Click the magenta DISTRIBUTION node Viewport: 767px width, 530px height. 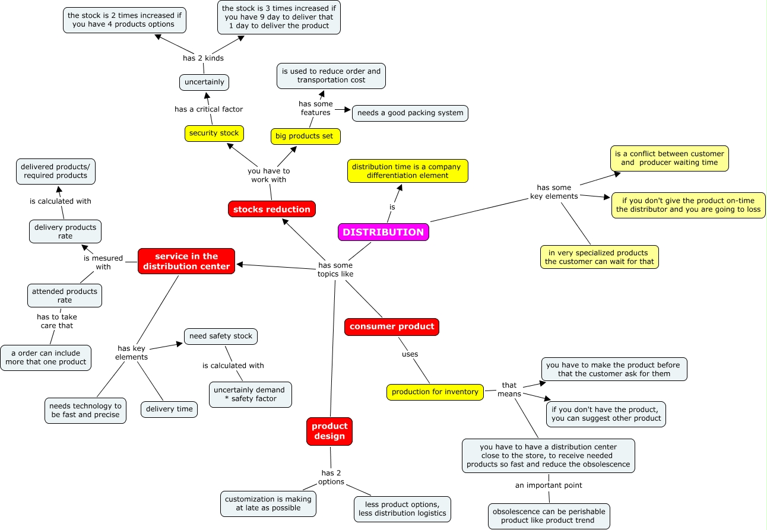(x=383, y=232)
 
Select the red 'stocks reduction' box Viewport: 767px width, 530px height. (x=271, y=209)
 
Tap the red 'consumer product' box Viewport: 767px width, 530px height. (x=392, y=326)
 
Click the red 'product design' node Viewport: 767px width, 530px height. (x=329, y=431)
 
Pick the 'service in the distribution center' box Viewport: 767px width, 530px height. (x=186, y=261)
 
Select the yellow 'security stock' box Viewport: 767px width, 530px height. (x=214, y=133)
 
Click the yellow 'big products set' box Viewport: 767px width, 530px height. (x=305, y=136)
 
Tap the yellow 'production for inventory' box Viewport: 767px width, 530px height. (x=435, y=392)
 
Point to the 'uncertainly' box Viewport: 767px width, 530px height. (x=204, y=82)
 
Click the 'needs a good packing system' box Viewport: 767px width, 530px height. (x=410, y=113)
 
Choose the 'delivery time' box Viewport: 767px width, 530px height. (x=169, y=409)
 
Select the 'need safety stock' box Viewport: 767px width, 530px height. (x=221, y=336)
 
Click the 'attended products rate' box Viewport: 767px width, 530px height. (x=65, y=296)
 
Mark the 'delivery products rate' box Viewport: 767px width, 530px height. (x=65, y=231)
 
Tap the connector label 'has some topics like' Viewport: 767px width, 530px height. (x=335, y=269)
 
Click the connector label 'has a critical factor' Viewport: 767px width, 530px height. (x=208, y=109)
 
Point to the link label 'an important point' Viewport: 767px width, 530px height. (x=549, y=485)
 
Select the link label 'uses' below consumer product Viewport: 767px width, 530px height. (x=410, y=354)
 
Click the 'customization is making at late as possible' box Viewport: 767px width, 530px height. (x=268, y=503)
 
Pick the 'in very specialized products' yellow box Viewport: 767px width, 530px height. (x=599, y=257)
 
